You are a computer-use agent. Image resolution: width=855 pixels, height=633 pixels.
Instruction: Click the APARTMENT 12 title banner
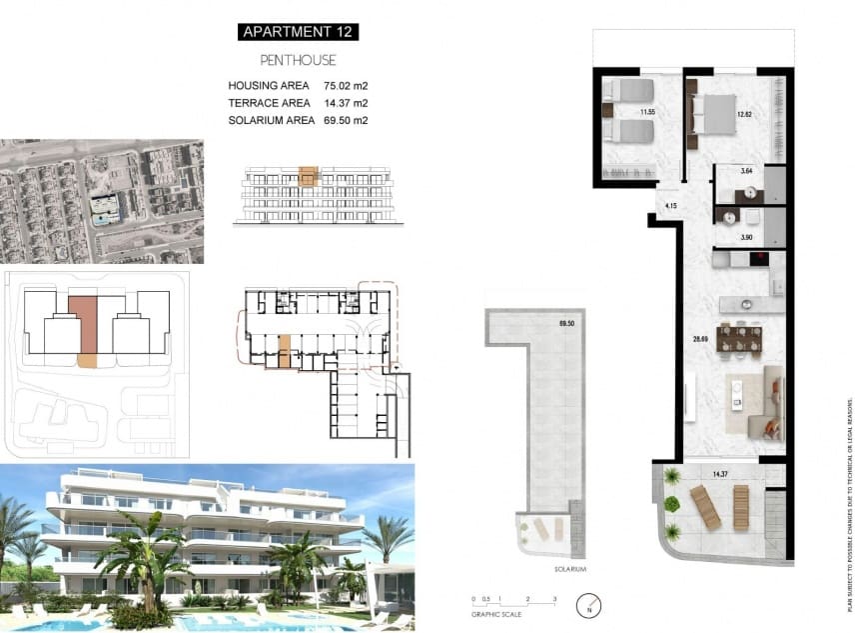298,32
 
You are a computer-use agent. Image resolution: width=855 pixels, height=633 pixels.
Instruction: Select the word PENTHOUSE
298,60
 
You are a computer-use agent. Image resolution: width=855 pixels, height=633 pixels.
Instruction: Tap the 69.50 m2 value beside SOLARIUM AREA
346,120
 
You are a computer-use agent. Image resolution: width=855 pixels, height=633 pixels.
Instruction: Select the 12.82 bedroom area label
743,114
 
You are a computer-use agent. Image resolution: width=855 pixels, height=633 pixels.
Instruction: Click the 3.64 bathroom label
745,172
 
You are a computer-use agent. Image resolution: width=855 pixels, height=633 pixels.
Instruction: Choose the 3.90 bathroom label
745,237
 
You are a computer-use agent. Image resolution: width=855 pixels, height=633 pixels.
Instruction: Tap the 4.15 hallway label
671,206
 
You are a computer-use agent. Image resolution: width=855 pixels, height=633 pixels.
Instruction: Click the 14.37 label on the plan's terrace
720,474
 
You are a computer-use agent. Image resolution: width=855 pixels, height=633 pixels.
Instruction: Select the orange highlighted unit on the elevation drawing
308,177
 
